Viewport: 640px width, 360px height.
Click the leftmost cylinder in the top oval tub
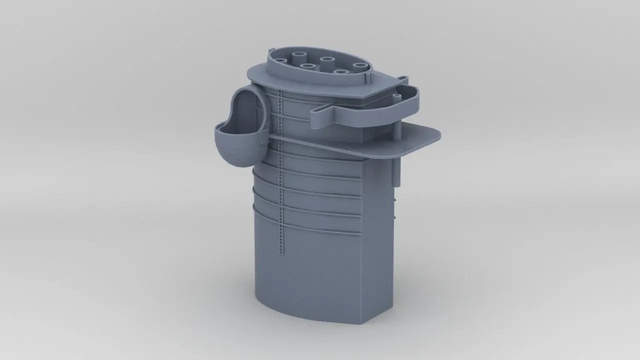coord(281,61)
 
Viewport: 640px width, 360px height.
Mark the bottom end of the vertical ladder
coord(281,255)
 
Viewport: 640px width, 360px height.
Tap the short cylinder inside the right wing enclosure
coord(396,97)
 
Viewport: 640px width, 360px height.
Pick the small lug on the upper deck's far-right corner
coord(402,79)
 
